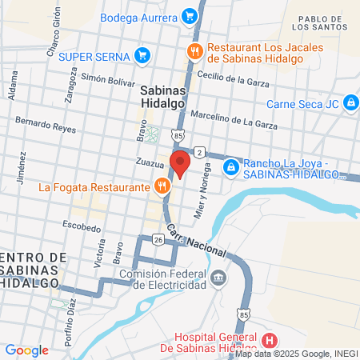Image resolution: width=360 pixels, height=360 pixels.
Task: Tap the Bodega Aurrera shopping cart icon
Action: click(x=189, y=15)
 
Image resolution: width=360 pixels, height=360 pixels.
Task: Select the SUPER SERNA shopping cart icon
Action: click(x=142, y=55)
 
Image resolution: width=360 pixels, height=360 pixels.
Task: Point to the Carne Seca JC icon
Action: click(x=350, y=102)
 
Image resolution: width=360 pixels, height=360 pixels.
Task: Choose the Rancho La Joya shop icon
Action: click(x=230, y=166)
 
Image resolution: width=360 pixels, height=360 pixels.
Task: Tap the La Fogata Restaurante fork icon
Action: click(x=162, y=187)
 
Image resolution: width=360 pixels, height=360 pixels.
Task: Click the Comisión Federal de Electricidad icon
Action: click(x=219, y=279)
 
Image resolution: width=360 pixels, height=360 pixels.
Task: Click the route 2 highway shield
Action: click(x=198, y=152)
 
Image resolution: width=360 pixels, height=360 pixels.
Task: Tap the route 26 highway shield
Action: click(x=158, y=239)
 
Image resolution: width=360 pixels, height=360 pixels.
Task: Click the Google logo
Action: click(x=26, y=350)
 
